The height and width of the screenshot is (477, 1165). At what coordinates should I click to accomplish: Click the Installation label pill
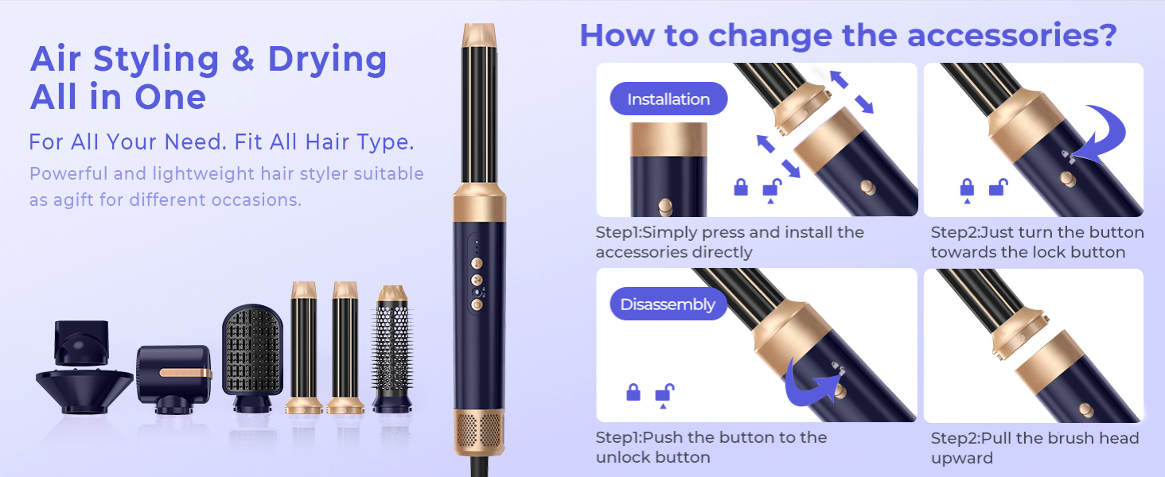click(x=668, y=99)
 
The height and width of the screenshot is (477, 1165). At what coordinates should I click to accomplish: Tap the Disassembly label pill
click(x=668, y=304)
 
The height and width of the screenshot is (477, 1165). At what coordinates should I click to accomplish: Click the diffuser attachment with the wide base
click(x=84, y=366)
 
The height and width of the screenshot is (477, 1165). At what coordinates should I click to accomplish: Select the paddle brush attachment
click(x=253, y=359)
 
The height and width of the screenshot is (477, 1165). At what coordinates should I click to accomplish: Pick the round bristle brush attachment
click(x=392, y=349)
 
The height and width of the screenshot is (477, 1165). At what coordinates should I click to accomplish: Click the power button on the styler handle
click(x=477, y=304)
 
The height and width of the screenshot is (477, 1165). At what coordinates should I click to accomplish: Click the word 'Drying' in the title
click(x=327, y=60)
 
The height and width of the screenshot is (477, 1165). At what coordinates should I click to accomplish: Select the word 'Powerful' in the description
click(x=68, y=173)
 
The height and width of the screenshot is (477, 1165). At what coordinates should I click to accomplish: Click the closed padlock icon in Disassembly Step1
click(x=633, y=392)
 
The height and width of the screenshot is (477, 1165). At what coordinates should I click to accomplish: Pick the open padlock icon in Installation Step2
click(x=998, y=187)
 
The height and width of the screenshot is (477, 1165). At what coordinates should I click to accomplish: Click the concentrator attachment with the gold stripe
click(x=174, y=379)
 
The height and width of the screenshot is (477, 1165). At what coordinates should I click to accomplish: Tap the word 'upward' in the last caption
click(x=961, y=458)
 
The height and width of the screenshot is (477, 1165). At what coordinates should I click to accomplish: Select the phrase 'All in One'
click(x=118, y=97)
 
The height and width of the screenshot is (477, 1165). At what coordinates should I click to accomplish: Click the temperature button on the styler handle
click(x=477, y=263)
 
